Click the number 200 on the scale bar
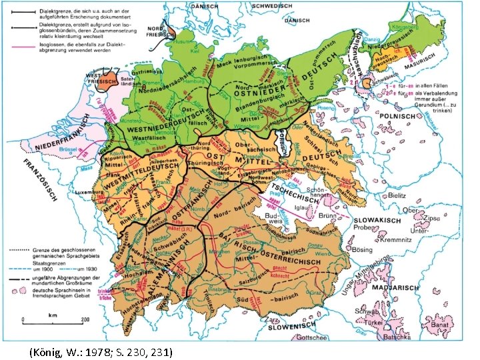85,319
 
